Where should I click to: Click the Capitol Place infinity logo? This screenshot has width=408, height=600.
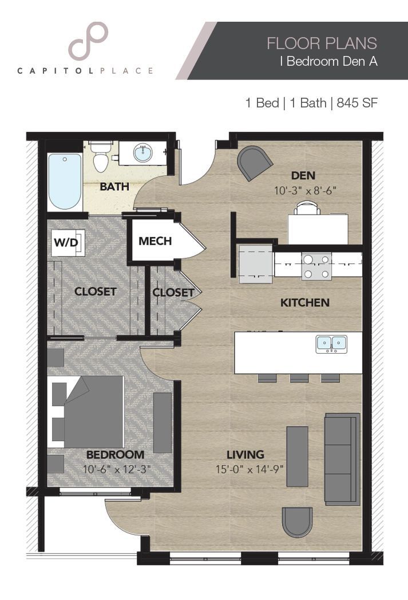point(88,41)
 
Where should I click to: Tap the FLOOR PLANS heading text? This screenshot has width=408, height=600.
point(322,43)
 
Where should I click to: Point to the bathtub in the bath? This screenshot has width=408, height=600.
point(64,181)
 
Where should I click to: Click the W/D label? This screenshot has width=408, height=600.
point(66,242)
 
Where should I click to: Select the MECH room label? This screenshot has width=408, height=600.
point(155,241)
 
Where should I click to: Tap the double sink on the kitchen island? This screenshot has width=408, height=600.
point(331,343)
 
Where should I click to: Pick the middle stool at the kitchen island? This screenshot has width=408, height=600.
point(299,378)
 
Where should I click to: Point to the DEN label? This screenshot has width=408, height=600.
point(303,175)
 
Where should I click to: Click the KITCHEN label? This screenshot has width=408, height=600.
point(304,302)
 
